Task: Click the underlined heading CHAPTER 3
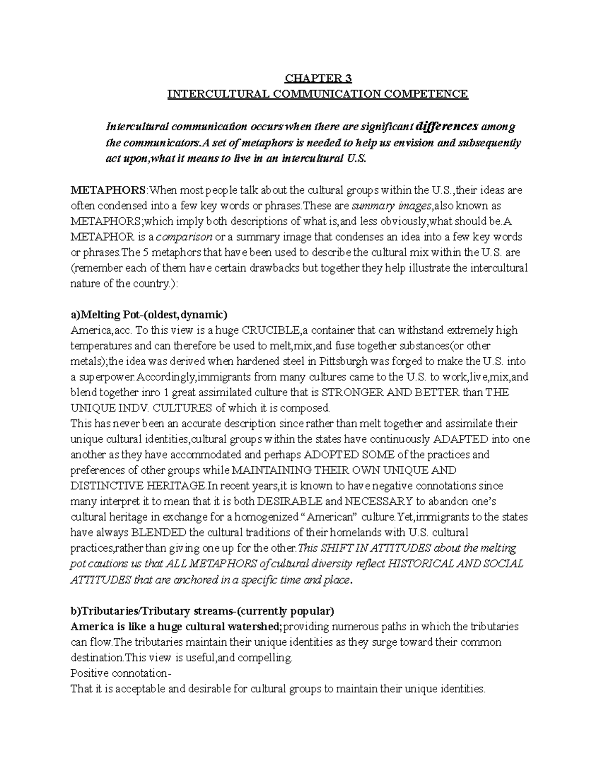coord(318,78)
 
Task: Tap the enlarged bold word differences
coord(448,126)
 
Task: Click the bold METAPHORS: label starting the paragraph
coord(109,190)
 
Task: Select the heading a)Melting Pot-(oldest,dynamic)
coord(149,315)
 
